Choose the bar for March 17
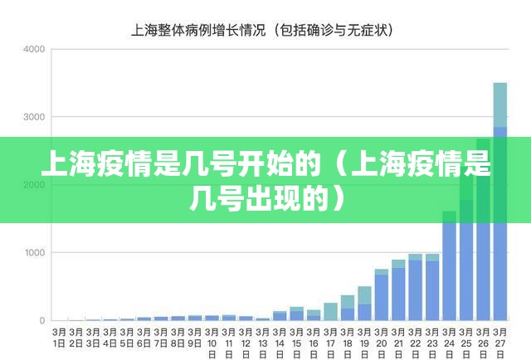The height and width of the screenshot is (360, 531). (330, 312)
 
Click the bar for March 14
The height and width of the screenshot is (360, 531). (280, 316)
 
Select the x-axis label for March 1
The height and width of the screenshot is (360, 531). (58, 337)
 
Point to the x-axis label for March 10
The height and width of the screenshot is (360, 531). (212, 342)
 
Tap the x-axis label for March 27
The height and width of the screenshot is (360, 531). (499, 342)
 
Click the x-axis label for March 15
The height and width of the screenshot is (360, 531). (296, 342)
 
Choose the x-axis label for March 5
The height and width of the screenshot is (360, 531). (126, 337)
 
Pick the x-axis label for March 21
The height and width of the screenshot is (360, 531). (398, 342)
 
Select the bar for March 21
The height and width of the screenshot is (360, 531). (398, 291)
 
